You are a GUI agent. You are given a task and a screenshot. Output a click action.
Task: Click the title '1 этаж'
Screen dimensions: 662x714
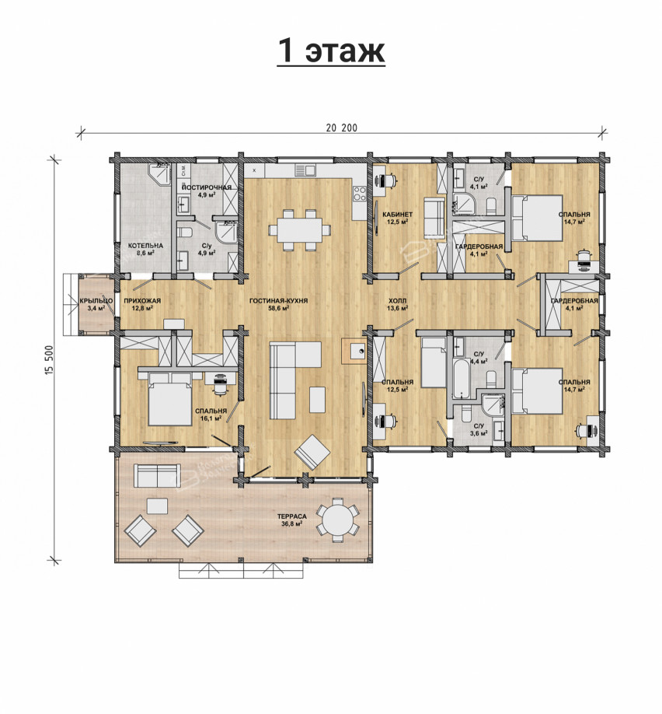pyautogui.click(x=331, y=50)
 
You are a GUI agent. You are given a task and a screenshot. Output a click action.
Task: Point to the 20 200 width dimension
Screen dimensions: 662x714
pyautogui.click(x=341, y=128)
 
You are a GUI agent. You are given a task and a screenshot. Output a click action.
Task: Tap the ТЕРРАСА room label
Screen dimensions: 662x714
pyautogui.click(x=292, y=516)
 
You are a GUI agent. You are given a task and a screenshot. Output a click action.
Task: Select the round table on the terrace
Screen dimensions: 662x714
pyautogui.click(x=336, y=520)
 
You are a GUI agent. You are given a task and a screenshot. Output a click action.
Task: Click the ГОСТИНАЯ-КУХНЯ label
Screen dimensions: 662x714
pyautogui.click(x=278, y=301)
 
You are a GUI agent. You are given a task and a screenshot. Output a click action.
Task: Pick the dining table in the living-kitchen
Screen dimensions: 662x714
pyautogui.click(x=299, y=230)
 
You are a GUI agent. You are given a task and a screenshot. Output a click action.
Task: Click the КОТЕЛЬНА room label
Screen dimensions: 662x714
pyautogui.click(x=145, y=246)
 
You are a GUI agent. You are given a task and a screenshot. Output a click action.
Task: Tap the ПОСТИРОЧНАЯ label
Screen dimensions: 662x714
pyautogui.click(x=207, y=187)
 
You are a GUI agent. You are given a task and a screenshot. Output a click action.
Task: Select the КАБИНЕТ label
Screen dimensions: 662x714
pyautogui.click(x=397, y=215)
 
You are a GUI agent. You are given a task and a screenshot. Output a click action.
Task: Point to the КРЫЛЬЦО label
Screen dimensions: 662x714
pyautogui.click(x=96, y=301)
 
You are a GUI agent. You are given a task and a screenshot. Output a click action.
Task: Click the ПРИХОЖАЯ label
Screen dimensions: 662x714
pyautogui.click(x=142, y=301)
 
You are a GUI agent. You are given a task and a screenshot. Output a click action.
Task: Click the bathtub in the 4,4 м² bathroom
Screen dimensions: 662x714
pyautogui.click(x=463, y=377)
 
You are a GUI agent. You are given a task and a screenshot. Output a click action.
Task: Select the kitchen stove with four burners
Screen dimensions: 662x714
pyautogui.click(x=360, y=193)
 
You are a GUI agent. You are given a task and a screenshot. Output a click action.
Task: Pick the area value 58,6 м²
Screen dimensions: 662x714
pyautogui.click(x=278, y=308)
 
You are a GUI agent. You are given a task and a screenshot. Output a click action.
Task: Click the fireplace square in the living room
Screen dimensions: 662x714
pyautogui.click(x=354, y=351)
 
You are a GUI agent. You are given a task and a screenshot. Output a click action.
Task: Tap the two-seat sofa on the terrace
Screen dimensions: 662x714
pyautogui.click(x=157, y=475)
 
